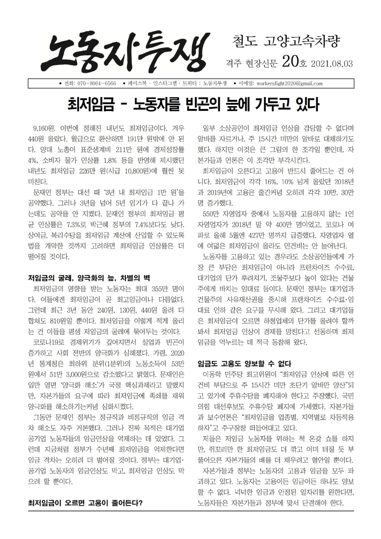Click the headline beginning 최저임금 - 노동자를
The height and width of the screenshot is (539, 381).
click(x=192, y=104)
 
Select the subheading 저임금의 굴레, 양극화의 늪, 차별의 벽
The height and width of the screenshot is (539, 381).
click(x=90, y=278)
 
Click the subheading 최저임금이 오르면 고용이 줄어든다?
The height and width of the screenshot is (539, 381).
click(x=86, y=503)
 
